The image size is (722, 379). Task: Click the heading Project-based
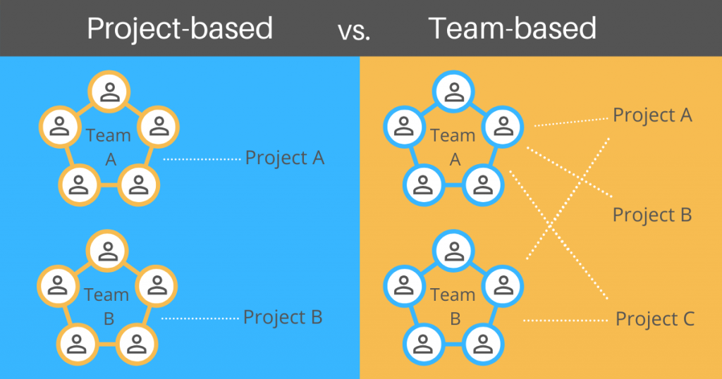(179, 28)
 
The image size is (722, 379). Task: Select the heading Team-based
(513, 28)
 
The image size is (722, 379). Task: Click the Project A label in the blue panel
(285, 158)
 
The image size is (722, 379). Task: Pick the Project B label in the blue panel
(283, 317)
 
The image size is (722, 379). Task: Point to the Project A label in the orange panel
(652, 115)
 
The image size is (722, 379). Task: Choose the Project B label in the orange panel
(652, 215)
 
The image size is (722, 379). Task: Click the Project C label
(655, 319)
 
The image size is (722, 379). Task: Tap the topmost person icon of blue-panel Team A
(109, 92)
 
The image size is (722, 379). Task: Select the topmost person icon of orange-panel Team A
(453, 92)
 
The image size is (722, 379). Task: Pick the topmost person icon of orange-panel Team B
(453, 251)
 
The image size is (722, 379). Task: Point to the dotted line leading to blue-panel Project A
(202, 160)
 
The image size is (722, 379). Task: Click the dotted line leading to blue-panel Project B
(200, 319)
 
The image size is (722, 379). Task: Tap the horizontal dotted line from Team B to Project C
(565, 321)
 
